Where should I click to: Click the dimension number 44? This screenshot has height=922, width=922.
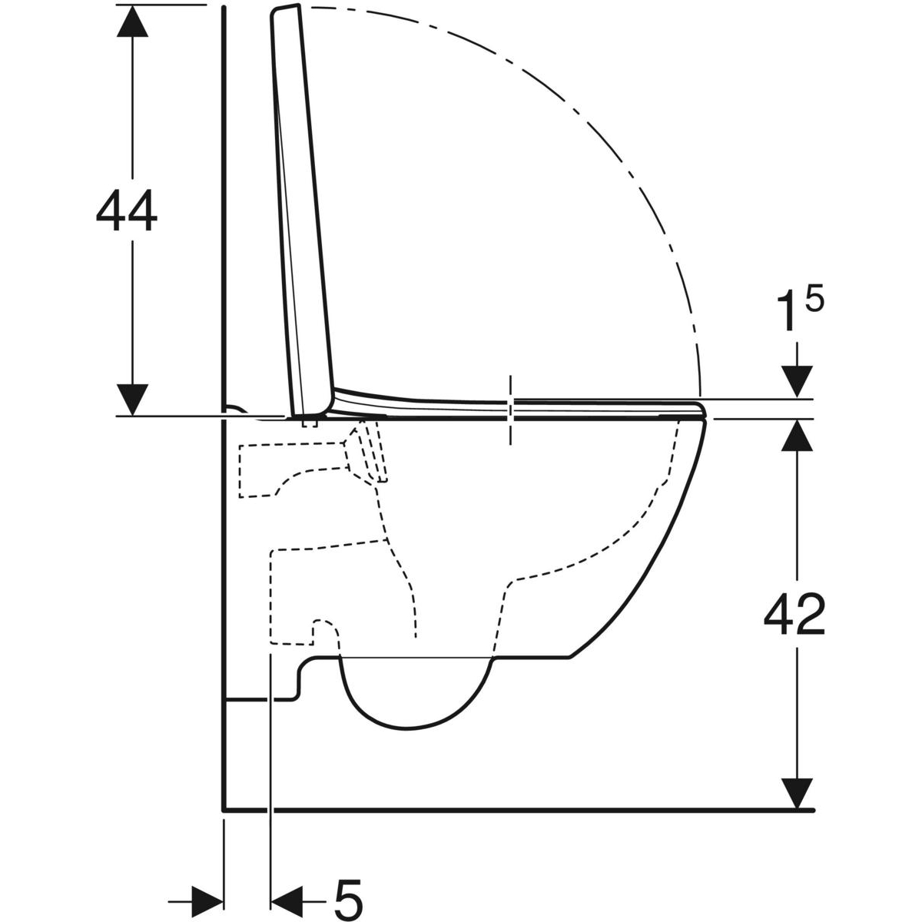(x=127, y=210)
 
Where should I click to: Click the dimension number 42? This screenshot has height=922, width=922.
(x=794, y=615)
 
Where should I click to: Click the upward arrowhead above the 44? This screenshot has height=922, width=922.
(x=132, y=21)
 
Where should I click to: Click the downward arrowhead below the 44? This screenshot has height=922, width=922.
(x=132, y=400)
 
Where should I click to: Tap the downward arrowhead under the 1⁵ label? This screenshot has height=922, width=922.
(x=797, y=381)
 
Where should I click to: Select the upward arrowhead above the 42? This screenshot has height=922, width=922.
(x=797, y=435)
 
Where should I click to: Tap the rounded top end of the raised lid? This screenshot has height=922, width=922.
(x=285, y=8)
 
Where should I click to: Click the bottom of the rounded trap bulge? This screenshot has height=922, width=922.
(x=406, y=742)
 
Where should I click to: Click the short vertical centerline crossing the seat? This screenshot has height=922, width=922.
(x=510, y=410)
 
